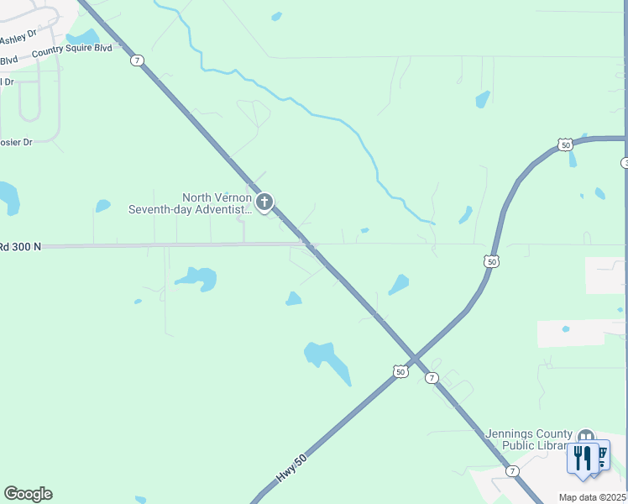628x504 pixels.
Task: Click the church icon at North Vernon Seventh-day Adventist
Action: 264,202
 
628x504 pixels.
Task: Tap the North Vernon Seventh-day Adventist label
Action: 190,203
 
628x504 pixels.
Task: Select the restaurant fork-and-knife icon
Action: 583,457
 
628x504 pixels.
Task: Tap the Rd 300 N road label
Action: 20,247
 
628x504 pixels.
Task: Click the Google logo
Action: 28,494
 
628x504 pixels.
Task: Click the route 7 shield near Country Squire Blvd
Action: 138,60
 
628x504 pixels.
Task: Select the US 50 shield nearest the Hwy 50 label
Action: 400,370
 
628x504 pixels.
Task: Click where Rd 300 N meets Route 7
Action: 311,245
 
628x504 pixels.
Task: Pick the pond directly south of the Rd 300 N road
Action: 196,276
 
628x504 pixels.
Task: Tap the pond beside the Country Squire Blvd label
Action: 83,37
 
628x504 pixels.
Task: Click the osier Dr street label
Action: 16,142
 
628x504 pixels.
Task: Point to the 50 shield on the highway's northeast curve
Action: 566,145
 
